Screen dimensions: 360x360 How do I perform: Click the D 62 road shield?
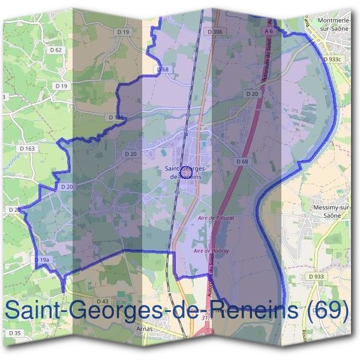[x=58, y=50]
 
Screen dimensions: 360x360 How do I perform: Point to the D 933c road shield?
[x=331, y=60]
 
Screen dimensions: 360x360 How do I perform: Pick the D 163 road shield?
[x=28, y=148]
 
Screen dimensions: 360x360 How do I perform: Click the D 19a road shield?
[x=41, y=259]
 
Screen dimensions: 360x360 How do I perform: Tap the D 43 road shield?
[x=102, y=301]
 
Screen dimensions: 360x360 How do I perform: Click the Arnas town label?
[x=144, y=329]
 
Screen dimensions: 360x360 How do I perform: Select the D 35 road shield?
[x=15, y=333]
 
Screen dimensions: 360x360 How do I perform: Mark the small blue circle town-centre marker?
[x=185, y=170]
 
